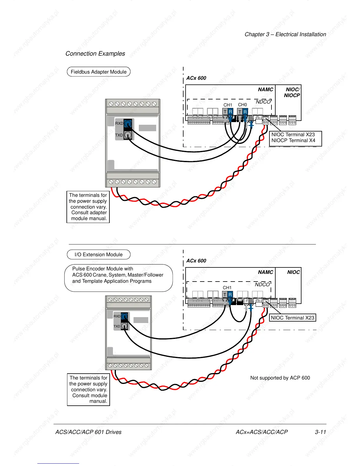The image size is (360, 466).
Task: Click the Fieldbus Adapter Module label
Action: tap(99, 72)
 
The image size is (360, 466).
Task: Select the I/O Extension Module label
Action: tap(99, 254)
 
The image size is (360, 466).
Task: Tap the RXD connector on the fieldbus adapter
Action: tap(128, 123)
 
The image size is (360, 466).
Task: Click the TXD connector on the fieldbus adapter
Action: tap(128, 135)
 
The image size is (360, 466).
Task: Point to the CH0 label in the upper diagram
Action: tap(242, 105)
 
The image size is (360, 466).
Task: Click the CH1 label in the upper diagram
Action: tap(228, 105)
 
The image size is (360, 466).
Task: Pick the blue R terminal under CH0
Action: tap(245, 112)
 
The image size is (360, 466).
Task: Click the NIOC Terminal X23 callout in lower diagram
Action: tap(292, 318)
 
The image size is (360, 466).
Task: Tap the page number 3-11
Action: tap(320, 432)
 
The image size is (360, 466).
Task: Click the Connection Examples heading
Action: tap(95, 54)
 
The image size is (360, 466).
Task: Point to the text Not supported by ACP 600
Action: tap(280, 378)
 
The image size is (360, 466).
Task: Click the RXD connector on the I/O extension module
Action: tap(124, 317)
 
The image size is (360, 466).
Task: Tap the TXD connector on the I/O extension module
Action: tap(124, 326)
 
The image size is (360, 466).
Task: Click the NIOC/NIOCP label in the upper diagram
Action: tap(292, 92)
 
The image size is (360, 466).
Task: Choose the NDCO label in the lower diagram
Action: tap(262, 284)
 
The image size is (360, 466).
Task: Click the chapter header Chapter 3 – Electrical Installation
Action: tap(285, 34)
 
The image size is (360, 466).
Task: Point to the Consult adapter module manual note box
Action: tap(88, 207)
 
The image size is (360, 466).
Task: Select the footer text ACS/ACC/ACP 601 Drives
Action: tap(88, 432)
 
